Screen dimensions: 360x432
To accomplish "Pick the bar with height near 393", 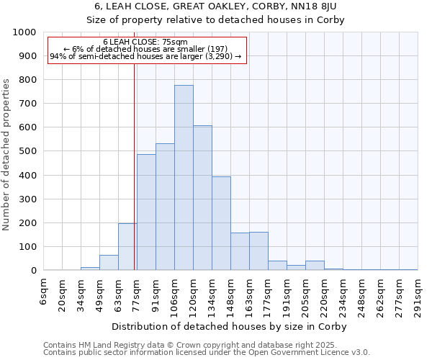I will click(221, 223).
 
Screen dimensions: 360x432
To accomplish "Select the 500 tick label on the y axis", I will click(27, 152).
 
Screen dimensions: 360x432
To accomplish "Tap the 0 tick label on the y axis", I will click(33, 271).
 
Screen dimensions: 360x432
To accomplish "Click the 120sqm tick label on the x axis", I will click(193, 295).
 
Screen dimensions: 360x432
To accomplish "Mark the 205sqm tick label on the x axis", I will click(305, 295).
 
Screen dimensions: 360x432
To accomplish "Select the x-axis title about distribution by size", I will click(230, 326).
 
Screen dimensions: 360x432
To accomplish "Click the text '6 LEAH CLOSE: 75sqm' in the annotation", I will click(145, 42).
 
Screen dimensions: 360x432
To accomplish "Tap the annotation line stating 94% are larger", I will click(145, 57).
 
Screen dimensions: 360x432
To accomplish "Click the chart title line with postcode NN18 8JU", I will click(215, 6).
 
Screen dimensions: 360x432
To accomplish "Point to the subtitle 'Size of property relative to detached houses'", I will click(215, 19).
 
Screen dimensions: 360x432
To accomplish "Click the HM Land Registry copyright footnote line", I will click(205, 345).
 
